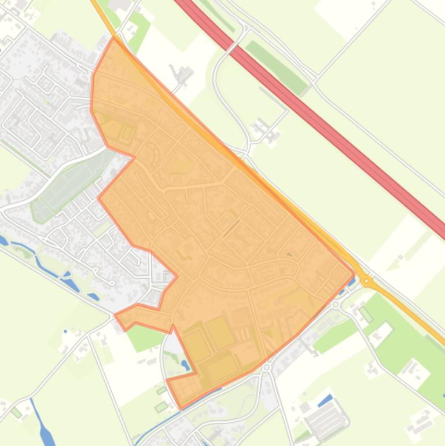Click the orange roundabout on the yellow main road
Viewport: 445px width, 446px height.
coord(366,281)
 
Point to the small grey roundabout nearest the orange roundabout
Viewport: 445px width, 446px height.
coord(336,304)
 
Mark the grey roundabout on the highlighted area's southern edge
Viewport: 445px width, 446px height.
coord(266,367)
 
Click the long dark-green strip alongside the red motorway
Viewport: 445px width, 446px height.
coord(277,67)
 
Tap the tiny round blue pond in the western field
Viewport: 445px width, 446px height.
coord(65,331)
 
